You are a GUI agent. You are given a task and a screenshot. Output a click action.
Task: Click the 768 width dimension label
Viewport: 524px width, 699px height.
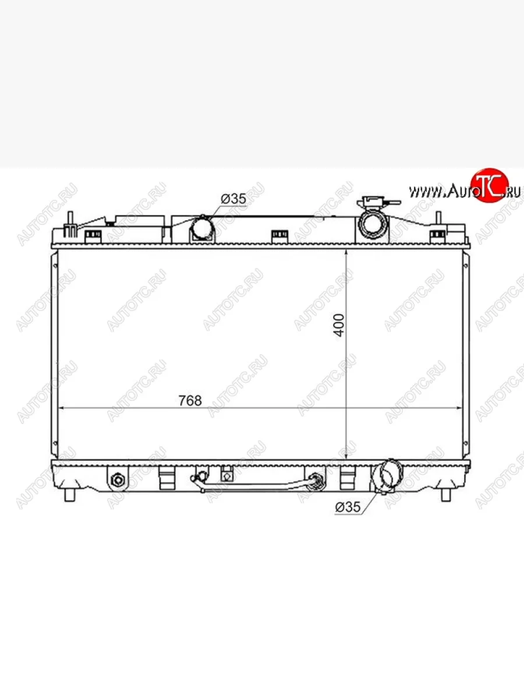click(190, 401)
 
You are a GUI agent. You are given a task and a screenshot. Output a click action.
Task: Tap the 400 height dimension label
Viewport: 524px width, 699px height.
click(339, 325)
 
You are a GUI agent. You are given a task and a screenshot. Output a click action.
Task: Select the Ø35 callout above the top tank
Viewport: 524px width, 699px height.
click(233, 199)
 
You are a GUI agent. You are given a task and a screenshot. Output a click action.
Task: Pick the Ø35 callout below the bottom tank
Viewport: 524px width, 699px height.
click(348, 507)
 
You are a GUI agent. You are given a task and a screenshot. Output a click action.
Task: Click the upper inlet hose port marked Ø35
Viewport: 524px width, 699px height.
click(203, 228)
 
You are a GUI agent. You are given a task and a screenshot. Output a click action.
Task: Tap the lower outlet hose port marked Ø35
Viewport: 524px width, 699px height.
click(388, 476)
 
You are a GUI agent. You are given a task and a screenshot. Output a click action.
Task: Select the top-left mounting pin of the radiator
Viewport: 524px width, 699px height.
click(70, 224)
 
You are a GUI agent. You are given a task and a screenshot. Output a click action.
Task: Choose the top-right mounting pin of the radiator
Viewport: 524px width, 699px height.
click(438, 219)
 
